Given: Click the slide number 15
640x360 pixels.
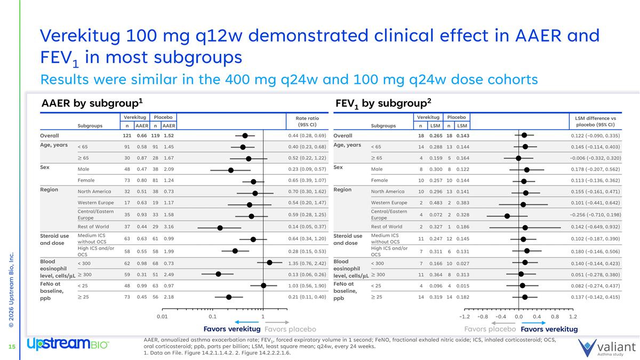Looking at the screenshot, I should point(11,348).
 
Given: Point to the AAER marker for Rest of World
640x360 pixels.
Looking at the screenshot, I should point(220,227).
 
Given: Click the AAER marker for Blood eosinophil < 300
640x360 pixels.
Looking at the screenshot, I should point(269,262).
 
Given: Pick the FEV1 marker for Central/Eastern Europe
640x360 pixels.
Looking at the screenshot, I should point(507,215).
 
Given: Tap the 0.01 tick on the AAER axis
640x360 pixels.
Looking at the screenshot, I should point(162,317).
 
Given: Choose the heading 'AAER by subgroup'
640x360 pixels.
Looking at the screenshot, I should point(92,103).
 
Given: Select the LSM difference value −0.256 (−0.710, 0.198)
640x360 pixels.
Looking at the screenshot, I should point(595,215).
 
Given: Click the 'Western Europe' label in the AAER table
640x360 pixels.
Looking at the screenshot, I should point(95,203).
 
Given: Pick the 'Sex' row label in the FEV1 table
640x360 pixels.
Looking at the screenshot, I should point(338,167).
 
